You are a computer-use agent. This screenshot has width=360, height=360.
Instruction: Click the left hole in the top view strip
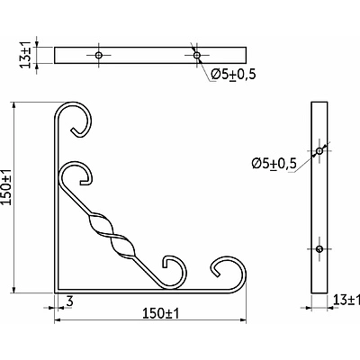point(98,55)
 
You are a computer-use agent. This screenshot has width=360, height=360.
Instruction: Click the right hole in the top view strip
point(196,55)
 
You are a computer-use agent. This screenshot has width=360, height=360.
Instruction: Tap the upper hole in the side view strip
point(319,150)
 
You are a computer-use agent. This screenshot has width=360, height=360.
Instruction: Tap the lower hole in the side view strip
point(319,248)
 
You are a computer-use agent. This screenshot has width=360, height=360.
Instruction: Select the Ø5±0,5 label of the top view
point(233,75)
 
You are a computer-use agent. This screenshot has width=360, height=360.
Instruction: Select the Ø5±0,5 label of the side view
point(274,164)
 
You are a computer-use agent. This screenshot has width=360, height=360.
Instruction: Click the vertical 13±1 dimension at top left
point(26,55)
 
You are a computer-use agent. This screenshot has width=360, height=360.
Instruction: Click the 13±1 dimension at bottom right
point(346,300)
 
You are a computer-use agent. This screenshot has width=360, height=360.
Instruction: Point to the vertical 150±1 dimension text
point(6,186)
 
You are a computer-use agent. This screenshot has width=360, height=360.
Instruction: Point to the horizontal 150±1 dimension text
point(160,314)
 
